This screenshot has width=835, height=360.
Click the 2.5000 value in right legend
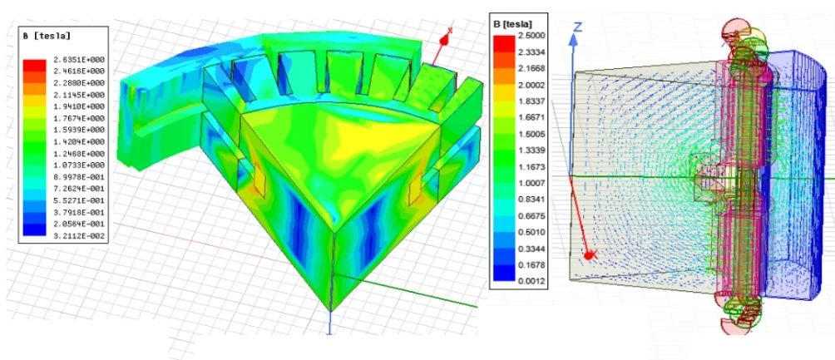531,36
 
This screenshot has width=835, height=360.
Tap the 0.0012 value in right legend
531,281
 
